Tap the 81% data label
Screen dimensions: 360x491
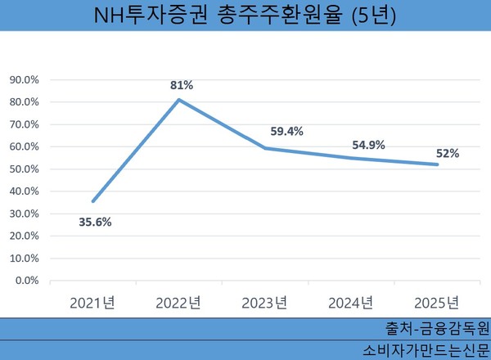point(181,85)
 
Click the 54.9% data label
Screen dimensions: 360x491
point(368,145)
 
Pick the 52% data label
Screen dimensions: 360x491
point(447,152)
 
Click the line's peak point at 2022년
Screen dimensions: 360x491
point(179,100)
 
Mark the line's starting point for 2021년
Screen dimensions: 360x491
point(92,201)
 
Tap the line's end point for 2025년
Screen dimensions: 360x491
point(438,164)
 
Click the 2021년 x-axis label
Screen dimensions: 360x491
point(92,303)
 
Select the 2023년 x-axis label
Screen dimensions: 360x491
point(264,303)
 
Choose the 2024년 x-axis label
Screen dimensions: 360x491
point(351,303)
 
